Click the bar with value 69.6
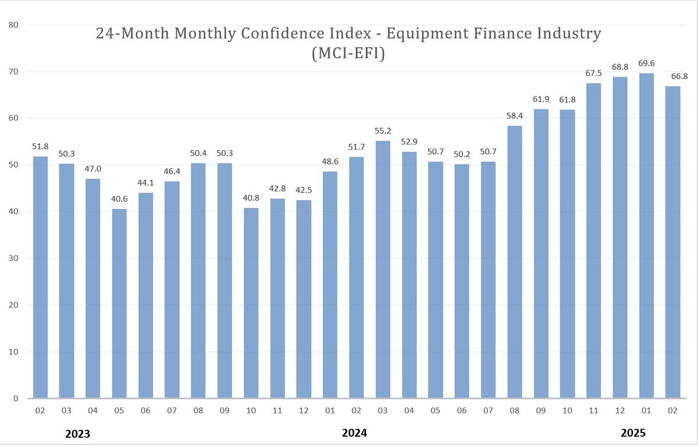(646, 236)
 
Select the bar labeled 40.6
(119, 303)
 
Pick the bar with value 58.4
(515, 262)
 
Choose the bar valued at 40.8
(251, 303)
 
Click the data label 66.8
(672, 77)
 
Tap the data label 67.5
(593, 74)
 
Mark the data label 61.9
(541, 100)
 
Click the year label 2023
(77, 433)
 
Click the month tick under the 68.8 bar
(620, 411)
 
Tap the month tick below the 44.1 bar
(145, 411)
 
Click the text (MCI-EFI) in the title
(349, 54)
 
